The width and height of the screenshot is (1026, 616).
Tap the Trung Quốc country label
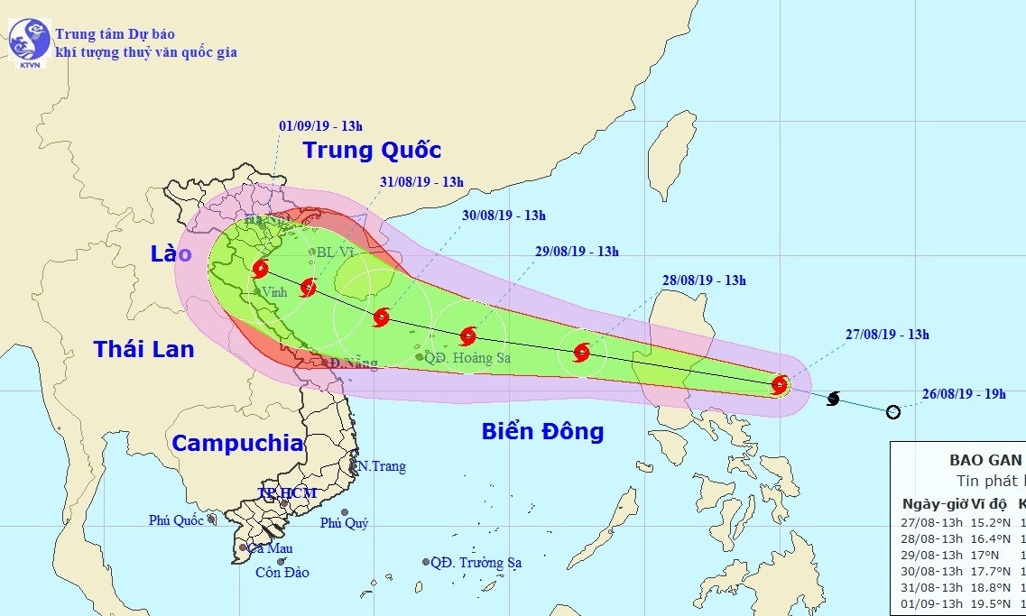click(x=372, y=150)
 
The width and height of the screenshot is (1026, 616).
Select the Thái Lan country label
click(x=144, y=349)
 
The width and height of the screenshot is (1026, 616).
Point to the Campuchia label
click(x=237, y=443)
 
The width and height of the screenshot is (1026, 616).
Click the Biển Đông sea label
click(x=542, y=431)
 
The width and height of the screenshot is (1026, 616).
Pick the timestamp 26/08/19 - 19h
click(x=962, y=394)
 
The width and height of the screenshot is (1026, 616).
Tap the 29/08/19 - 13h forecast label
click(x=577, y=252)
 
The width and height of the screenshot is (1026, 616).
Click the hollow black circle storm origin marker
click(x=893, y=412)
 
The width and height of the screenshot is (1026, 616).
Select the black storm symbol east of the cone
click(x=833, y=399)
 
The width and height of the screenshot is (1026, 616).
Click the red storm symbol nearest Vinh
click(x=262, y=268)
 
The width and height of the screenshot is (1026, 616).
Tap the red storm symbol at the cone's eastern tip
click(x=780, y=386)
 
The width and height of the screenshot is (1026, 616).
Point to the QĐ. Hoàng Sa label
click(x=469, y=358)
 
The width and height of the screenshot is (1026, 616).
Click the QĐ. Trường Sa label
click(x=476, y=563)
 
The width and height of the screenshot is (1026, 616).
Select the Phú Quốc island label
click(x=177, y=519)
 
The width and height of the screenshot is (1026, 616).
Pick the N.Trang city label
click(x=381, y=466)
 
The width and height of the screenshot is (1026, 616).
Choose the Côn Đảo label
click(x=282, y=573)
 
